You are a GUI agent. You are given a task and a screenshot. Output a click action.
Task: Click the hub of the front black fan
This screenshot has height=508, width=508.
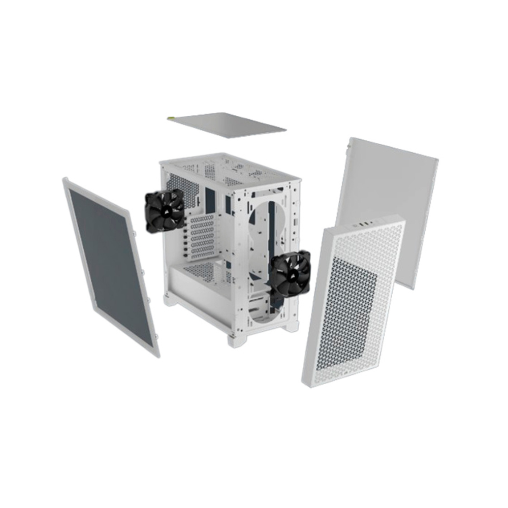point(291,273)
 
